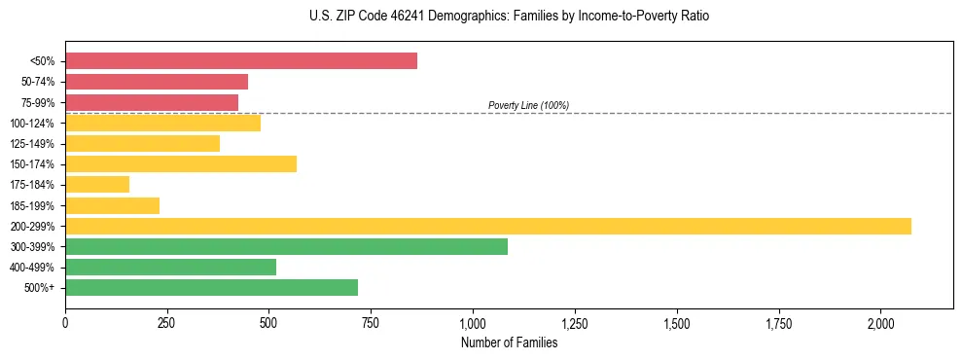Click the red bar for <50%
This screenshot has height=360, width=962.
pos(241,61)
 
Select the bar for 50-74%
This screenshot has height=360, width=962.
pos(157,82)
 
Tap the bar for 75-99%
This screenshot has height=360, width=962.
pos(152,102)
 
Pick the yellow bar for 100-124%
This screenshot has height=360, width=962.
pos(162,123)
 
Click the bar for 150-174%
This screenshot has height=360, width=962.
pos(181,164)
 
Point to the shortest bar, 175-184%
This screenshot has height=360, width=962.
pos(97,185)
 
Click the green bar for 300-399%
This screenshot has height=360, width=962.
pos(286,246)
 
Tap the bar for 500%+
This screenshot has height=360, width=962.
pos(211,287)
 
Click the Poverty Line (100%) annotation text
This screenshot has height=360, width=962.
pos(528,105)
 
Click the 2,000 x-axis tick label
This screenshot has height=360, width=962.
pos(880,323)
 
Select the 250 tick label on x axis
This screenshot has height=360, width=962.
pos(167,323)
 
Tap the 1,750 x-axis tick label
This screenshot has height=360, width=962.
pos(778,323)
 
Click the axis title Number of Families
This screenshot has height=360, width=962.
pos(509,342)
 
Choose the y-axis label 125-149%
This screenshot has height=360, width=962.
pos(32,144)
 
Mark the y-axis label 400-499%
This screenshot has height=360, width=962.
pos(32,268)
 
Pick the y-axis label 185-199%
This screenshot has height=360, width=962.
pos(32,205)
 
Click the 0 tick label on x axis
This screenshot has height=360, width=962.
pos(65,323)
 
